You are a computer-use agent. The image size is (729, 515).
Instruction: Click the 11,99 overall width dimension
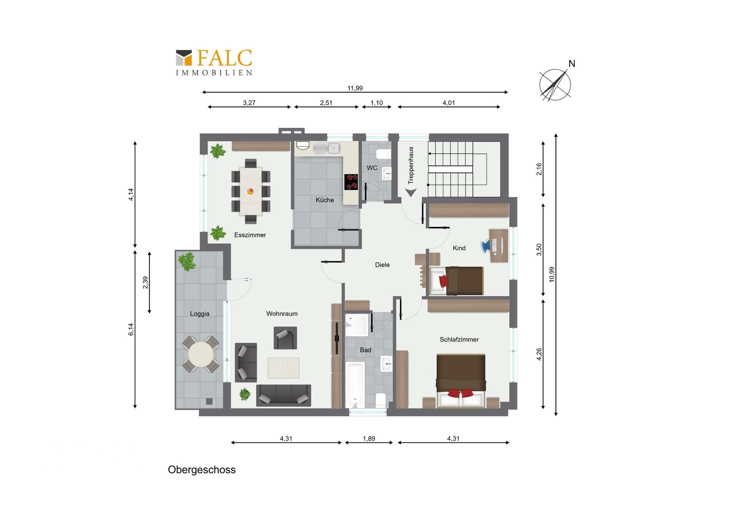[x=355, y=88]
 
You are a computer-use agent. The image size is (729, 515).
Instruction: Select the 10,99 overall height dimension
[x=552, y=274]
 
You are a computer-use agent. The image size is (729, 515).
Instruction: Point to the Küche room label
[x=325, y=200]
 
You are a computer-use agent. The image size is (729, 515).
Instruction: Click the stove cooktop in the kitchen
[x=351, y=182]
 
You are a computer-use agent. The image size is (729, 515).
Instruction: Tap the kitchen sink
[x=326, y=148]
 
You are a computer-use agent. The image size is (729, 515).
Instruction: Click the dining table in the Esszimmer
[x=251, y=191]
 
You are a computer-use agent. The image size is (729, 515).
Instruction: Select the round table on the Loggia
[x=200, y=354]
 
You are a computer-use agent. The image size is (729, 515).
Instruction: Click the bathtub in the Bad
[x=355, y=385]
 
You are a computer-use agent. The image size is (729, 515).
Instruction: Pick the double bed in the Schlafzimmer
[x=461, y=381]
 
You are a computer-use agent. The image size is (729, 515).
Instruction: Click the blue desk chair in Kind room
[x=486, y=246]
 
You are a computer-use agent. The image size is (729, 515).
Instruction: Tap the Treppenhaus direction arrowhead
[x=411, y=193]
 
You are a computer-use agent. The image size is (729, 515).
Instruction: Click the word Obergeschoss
[x=202, y=470]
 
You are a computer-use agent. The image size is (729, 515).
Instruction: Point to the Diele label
[x=382, y=265]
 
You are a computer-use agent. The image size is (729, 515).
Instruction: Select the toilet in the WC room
[x=383, y=154]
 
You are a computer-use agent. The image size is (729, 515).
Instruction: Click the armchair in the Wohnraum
[x=285, y=338]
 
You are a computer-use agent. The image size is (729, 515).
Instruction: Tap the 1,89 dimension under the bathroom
[x=369, y=439]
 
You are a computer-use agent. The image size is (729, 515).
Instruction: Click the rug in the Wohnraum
[x=283, y=368]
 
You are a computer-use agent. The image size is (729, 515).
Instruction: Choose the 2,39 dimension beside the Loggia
[x=145, y=282]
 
